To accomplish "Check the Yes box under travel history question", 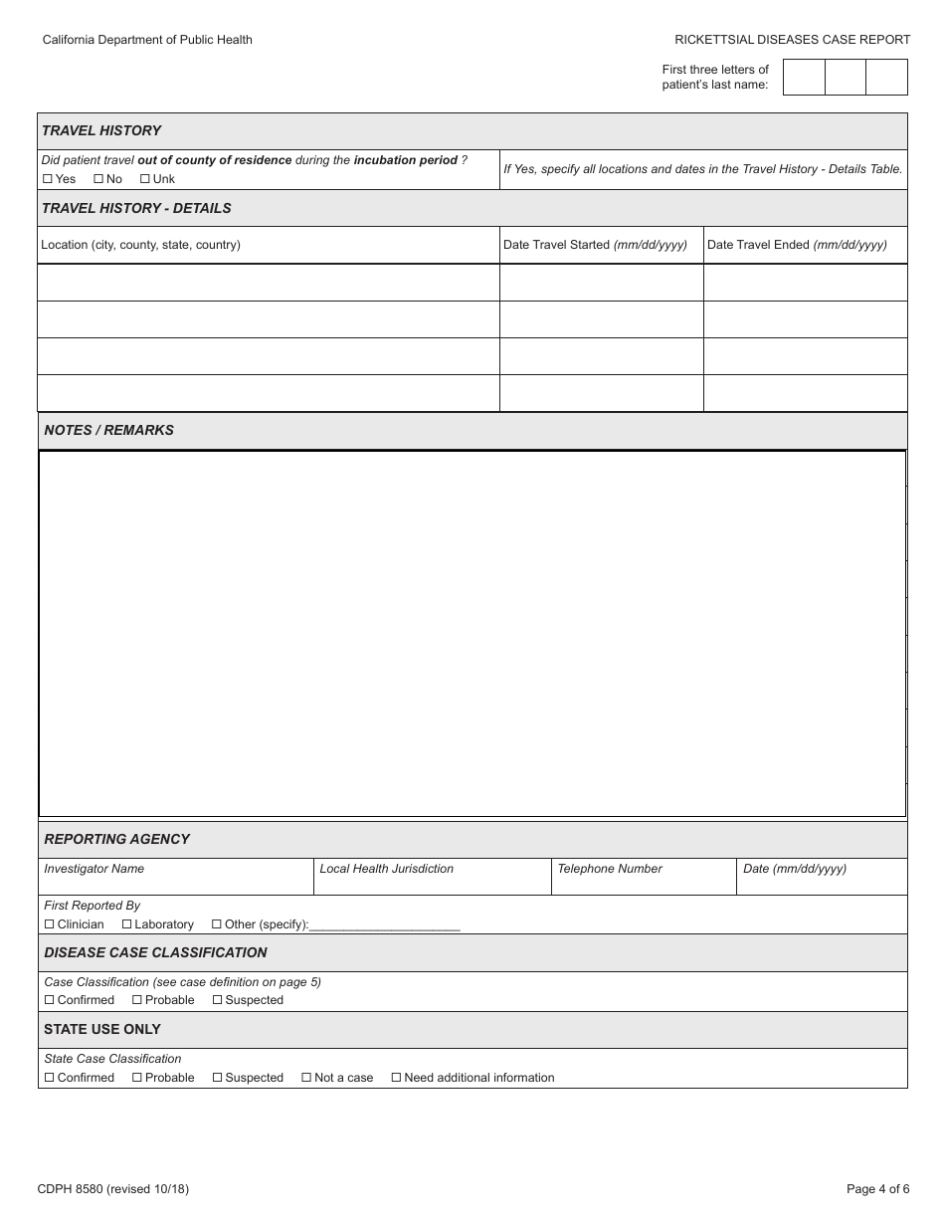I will coord(48,179).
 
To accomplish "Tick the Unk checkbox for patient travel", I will coord(145,179).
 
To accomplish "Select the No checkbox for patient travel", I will coord(98,179).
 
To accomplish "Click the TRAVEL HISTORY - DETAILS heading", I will coord(136,208).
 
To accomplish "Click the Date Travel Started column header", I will coord(595,245).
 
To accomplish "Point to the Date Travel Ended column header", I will coord(797,245).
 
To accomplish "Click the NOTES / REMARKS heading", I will coord(108,430).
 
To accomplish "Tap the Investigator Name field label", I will coord(94,869).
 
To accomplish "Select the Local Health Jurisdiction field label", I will coord(386,869).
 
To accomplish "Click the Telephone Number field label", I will coord(609,869).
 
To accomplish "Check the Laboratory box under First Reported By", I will coord(127,924).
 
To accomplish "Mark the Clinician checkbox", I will coord(50,924).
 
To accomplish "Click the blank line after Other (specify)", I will coord(385,926).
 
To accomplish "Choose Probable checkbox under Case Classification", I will coord(137,1000).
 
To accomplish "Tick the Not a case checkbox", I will coord(306,1078).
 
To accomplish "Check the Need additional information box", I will coord(396,1078).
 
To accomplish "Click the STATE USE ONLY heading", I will coord(101,1029).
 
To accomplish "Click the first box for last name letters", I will coord(804,77).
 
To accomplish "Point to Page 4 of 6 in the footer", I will coord(877,1188).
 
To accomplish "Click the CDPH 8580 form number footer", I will coord(112,1188).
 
